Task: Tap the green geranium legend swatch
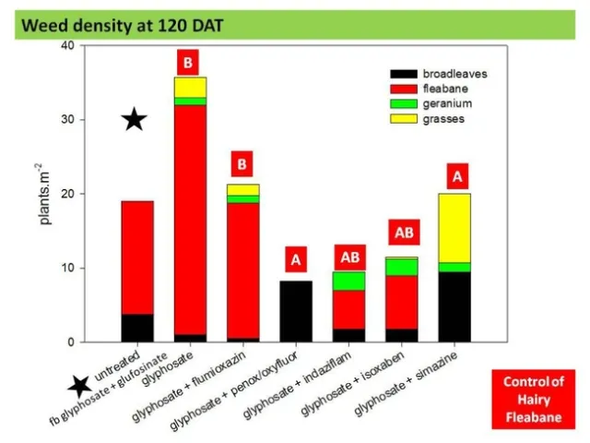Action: [x=403, y=104]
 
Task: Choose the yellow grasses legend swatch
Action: [x=403, y=120]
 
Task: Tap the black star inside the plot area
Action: [x=135, y=119]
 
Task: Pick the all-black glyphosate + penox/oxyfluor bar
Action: [x=296, y=311]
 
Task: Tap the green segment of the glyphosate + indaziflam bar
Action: [x=349, y=281]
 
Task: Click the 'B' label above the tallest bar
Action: [x=189, y=63]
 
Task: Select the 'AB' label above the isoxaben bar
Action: [x=402, y=232]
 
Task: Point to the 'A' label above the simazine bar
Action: [x=455, y=174]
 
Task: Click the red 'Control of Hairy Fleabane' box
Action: [x=533, y=399]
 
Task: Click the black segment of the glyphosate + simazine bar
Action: [x=454, y=306]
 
